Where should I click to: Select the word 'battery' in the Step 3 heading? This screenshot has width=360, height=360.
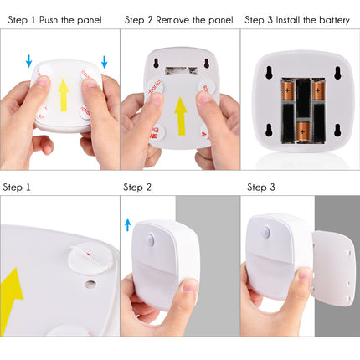click(332, 18)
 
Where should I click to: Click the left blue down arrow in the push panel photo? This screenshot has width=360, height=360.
click(28, 60)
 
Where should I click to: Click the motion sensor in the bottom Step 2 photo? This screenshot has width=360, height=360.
click(150, 239)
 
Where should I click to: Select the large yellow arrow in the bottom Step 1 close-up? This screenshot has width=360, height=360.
click(18, 293)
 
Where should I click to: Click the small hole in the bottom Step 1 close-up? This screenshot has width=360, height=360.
click(90, 283)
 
